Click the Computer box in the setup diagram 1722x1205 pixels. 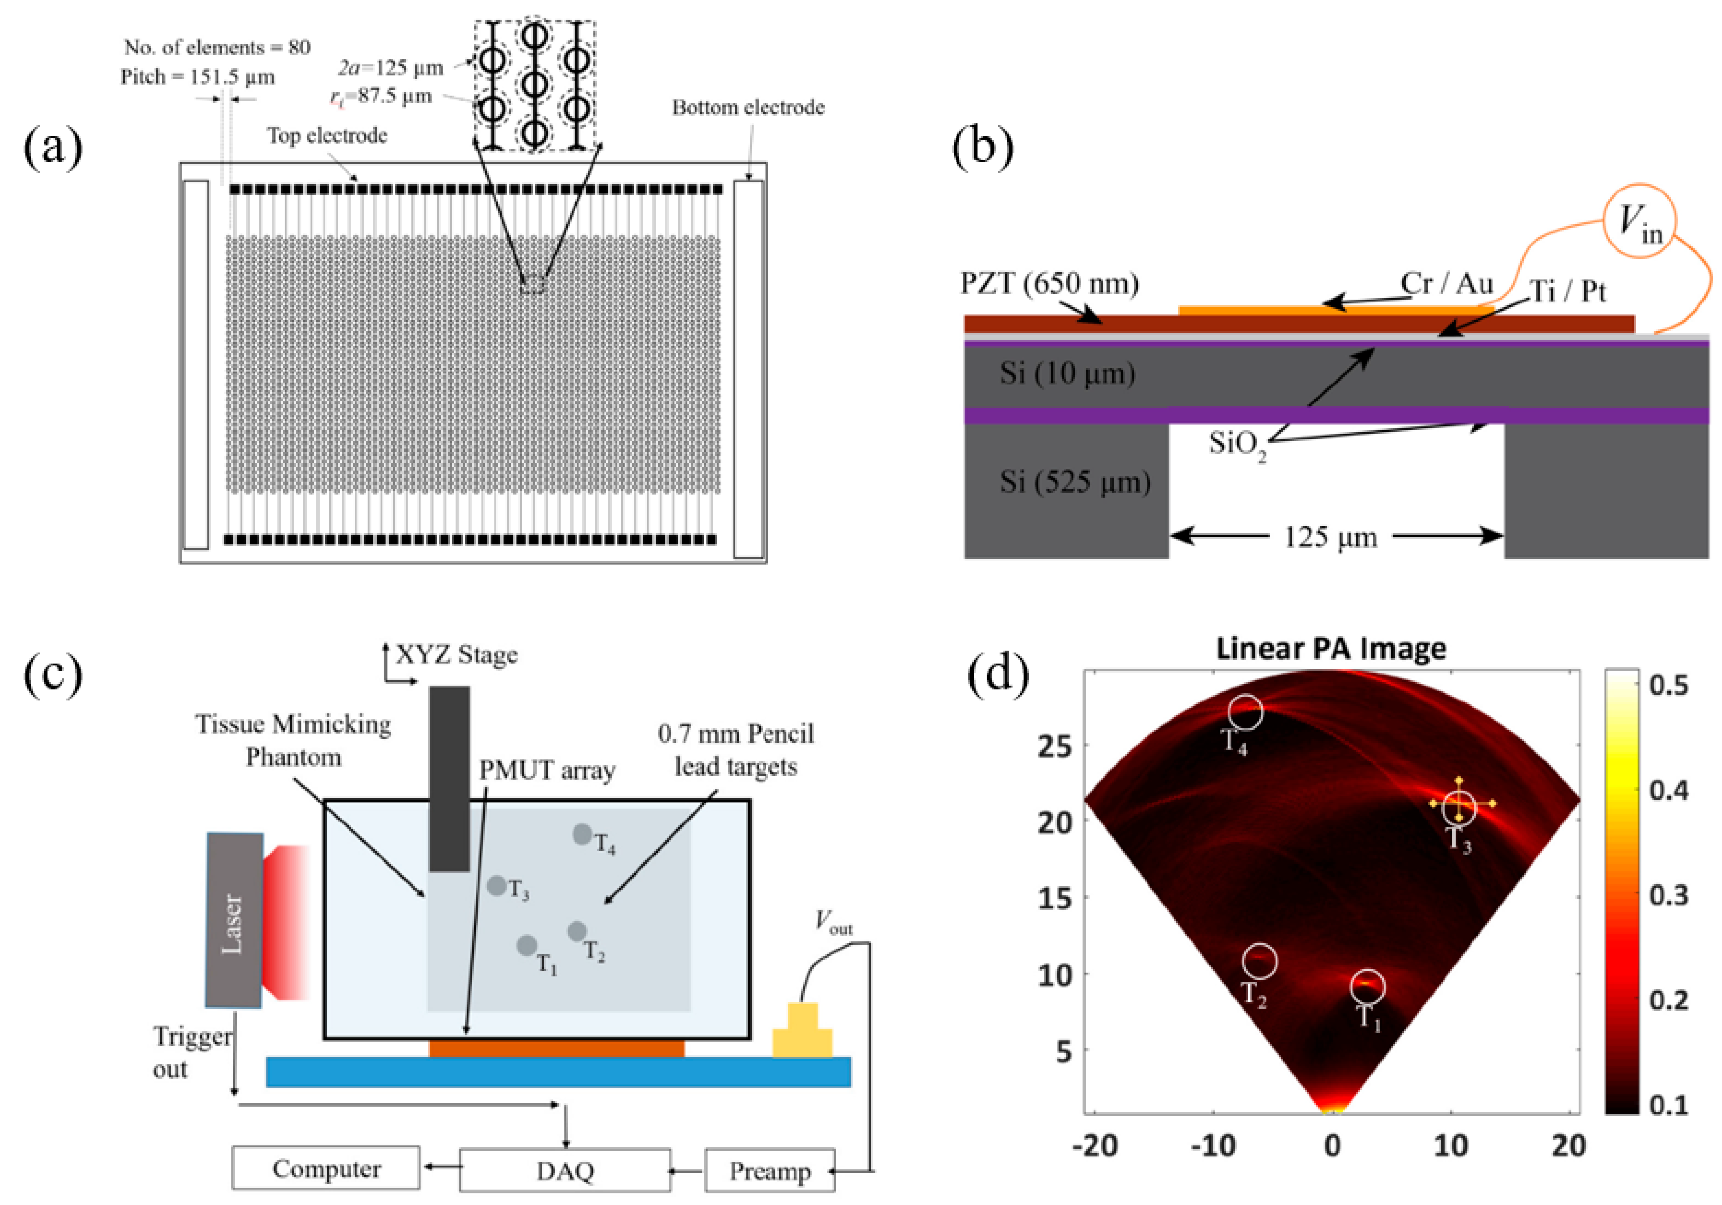click(x=326, y=1168)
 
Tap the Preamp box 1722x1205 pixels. click(x=769, y=1171)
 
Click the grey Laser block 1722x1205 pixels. click(x=234, y=920)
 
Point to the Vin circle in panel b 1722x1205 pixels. click(x=1640, y=221)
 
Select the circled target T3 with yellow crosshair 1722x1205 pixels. click(x=1459, y=806)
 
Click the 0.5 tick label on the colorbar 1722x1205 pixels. click(x=1669, y=685)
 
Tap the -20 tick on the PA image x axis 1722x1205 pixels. click(x=1096, y=1146)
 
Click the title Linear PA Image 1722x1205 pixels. click(x=1331, y=648)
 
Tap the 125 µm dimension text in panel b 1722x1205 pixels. click(x=1331, y=537)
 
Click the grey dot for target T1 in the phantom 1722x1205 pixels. click(x=527, y=945)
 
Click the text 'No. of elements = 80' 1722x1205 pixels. click(x=217, y=48)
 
